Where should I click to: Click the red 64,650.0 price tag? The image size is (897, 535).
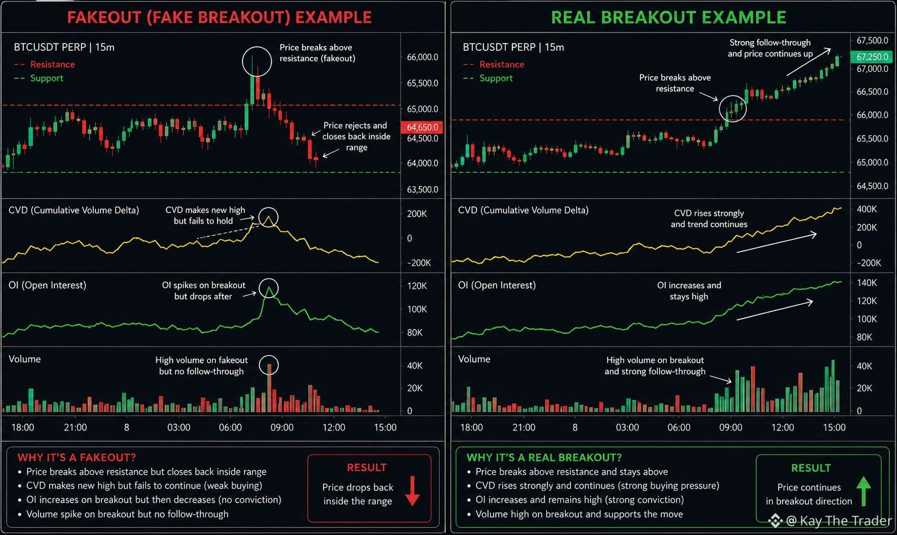[421, 127]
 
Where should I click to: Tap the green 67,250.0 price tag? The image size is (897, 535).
[872, 57]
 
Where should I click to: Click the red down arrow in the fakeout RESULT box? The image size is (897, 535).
[412, 491]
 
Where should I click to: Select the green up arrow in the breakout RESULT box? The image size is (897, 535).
[863, 491]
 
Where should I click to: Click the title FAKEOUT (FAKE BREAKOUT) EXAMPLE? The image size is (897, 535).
[219, 18]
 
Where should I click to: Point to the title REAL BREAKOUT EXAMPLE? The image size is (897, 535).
[669, 18]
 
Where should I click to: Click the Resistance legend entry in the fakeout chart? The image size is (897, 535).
[44, 65]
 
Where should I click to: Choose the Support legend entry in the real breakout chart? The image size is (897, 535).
[488, 78]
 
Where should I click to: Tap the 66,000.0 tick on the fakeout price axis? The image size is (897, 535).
[423, 57]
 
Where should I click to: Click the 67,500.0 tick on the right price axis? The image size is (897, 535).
[872, 40]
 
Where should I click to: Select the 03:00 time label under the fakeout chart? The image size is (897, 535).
[178, 427]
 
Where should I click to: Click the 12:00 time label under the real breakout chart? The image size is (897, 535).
[783, 427]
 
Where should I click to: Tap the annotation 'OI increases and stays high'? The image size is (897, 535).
[689, 291]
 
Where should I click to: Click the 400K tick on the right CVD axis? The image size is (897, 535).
[867, 209]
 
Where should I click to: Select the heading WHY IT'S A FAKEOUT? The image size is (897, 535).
[77, 457]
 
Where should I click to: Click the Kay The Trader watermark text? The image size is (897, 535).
[839, 521]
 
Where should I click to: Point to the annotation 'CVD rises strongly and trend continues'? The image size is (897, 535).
[709, 219]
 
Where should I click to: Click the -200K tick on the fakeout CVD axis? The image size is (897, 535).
[419, 263]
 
